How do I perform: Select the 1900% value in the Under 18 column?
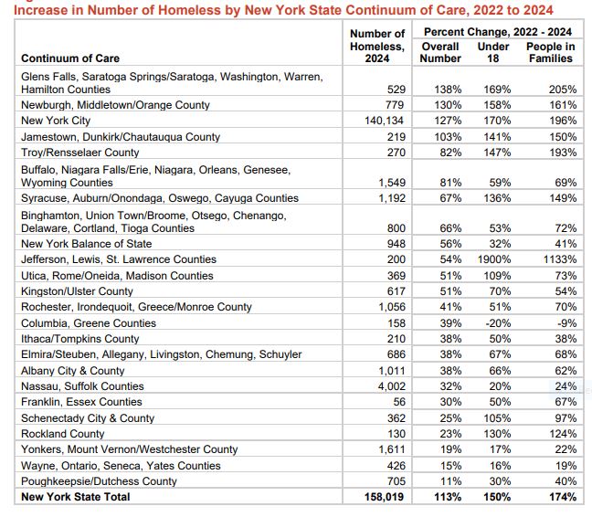[x=492, y=260]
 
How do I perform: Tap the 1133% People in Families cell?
[x=556, y=260]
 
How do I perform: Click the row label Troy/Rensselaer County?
[x=80, y=153]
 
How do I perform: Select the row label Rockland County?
[x=63, y=433]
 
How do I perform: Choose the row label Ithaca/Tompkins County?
[x=80, y=339]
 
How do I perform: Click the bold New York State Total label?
[x=76, y=497]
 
